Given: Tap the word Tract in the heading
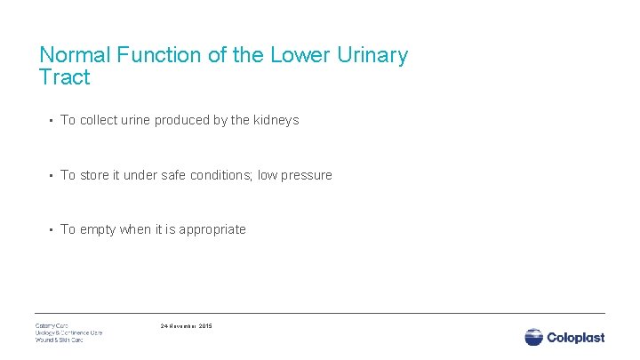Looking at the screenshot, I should pyautogui.click(x=65, y=77).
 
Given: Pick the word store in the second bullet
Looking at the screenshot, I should pyautogui.click(x=95, y=175).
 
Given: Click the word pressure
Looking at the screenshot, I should pyautogui.click(x=305, y=175).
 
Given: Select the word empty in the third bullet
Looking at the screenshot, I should pyautogui.click(x=98, y=229).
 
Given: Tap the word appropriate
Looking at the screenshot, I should pyautogui.click(x=212, y=229).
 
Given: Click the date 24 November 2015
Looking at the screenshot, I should pyautogui.click(x=186, y=326).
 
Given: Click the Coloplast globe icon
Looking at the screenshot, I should pyautogui.click(x=533, y=337).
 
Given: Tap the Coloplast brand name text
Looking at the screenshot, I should pyautogui.click(x=576, y=337).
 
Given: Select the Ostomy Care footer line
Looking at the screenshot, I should pyautogui.click(x=52, y=325).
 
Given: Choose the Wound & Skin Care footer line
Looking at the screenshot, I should pyautogui.click(x=60, y=340).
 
